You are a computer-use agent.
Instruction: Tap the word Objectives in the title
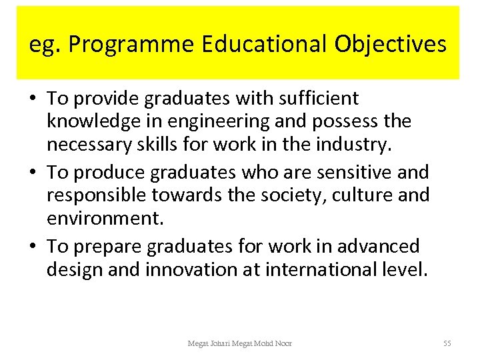390,44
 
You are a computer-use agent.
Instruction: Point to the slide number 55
447,343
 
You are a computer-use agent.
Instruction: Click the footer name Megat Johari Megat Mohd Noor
240,343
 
